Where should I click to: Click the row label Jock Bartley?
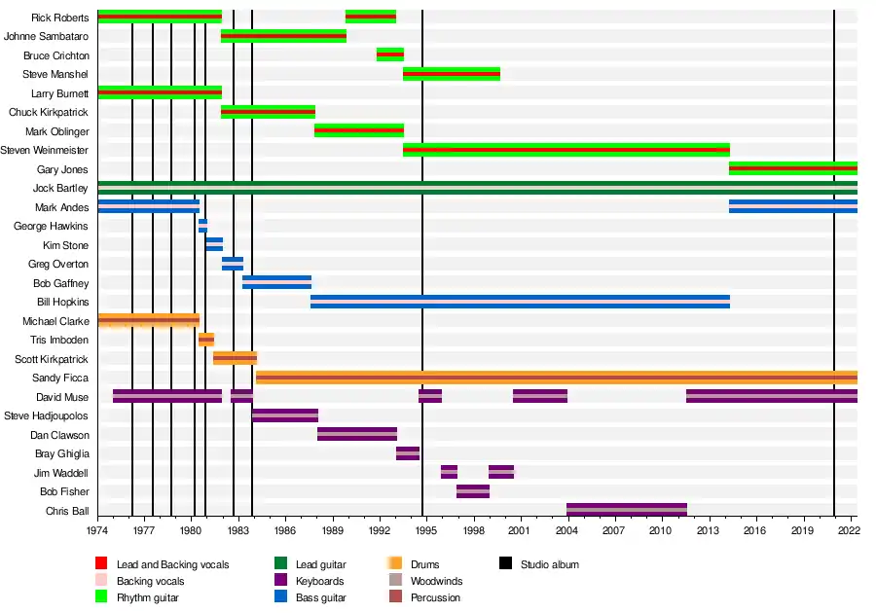click(60, 189)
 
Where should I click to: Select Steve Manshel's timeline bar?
click(452, 74)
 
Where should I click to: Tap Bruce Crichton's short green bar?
click(390, 54)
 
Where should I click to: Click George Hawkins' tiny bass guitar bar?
click(202, 226)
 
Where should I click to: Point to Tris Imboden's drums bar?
click(206, 340)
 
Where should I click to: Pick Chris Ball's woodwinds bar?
click(627, 510)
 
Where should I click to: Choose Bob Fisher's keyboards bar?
click(473, 491)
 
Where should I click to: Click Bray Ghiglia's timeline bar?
click(408, 453)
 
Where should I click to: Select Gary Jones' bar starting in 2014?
click(792, 168)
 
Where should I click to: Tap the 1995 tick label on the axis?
click(422, 530)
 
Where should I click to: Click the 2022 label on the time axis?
click(848, 530)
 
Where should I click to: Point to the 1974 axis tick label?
click(97, 530)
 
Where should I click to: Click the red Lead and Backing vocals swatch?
click(100, 564)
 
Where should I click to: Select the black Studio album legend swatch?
click(506, 564)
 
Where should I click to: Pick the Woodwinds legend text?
click(437, 581)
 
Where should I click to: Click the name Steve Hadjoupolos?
click(47, 415)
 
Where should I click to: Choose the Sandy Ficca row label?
click(60, 378)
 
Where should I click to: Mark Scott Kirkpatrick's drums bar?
click(235, 358)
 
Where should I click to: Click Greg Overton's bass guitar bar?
click(233, 264)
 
